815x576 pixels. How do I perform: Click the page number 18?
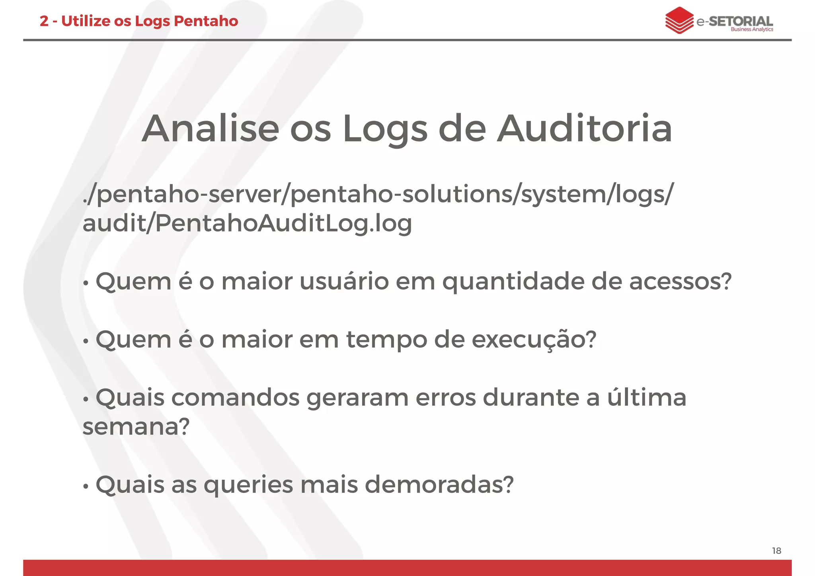776,551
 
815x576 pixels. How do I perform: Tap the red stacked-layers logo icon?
679,20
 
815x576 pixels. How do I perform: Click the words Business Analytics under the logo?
752,29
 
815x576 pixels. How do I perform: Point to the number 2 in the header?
44,21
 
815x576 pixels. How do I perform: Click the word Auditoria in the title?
585,129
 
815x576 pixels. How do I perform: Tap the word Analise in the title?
211,129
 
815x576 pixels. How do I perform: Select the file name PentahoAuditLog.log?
283,223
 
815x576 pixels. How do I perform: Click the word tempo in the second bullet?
386,340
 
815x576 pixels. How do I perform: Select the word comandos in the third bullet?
235,398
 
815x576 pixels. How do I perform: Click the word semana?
136,427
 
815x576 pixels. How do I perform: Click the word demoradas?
439,484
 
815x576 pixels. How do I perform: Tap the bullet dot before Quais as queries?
85,486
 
